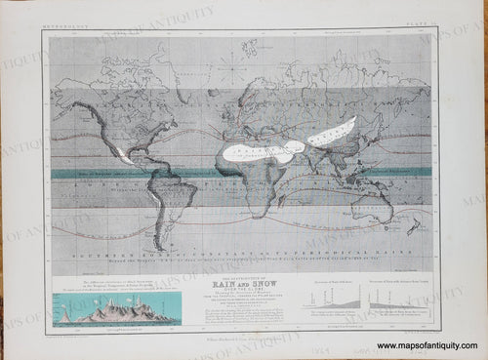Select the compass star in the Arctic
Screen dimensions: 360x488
click(x=230, y=70)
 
